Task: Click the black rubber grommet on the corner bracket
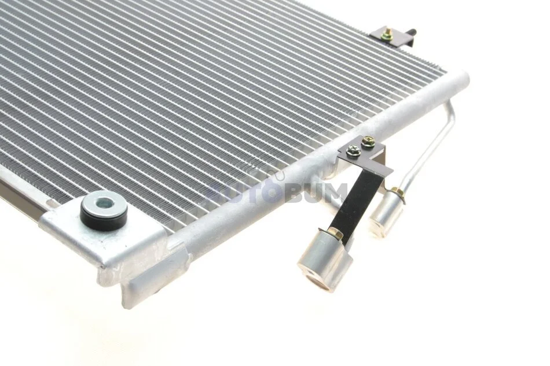[x=104, y=211]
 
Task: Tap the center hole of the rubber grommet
[x=104, y=202]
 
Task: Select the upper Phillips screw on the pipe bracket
[x=368, y=142]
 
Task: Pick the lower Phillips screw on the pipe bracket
[x=352, y=150]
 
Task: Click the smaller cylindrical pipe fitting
[x=386, y=210]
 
